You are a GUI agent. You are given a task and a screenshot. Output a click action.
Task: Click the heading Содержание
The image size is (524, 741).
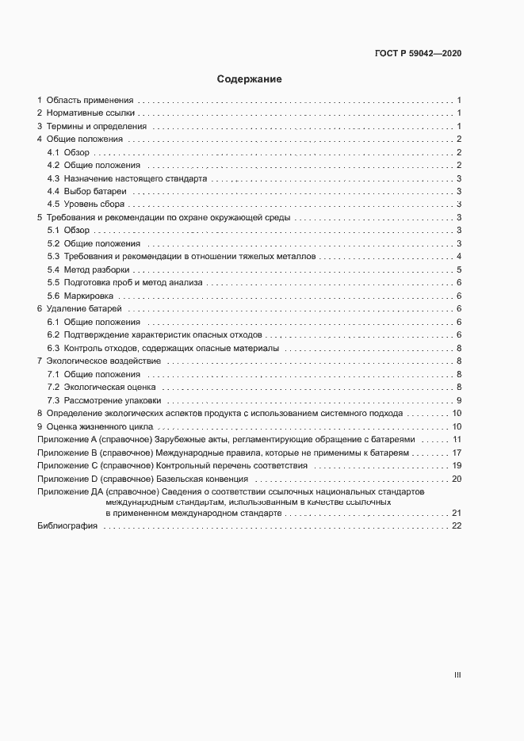[250, 79]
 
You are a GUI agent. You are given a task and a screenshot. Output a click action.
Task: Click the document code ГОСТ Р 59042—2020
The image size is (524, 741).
[418, 54]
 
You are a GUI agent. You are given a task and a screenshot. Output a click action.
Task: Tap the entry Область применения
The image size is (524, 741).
[90, 101]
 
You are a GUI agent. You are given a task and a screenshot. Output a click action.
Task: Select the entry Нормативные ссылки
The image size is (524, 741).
[90, 113]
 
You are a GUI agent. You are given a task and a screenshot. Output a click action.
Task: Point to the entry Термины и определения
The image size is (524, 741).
[96, 126]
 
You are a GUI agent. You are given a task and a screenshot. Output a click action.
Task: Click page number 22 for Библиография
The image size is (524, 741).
[457, 527]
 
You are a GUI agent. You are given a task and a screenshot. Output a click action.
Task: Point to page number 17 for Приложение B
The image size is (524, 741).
[457, 453]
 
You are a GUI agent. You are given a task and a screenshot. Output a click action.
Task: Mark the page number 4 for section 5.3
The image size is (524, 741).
[459, 257]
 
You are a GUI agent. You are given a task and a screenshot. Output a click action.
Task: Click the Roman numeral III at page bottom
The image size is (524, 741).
[457, 675]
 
